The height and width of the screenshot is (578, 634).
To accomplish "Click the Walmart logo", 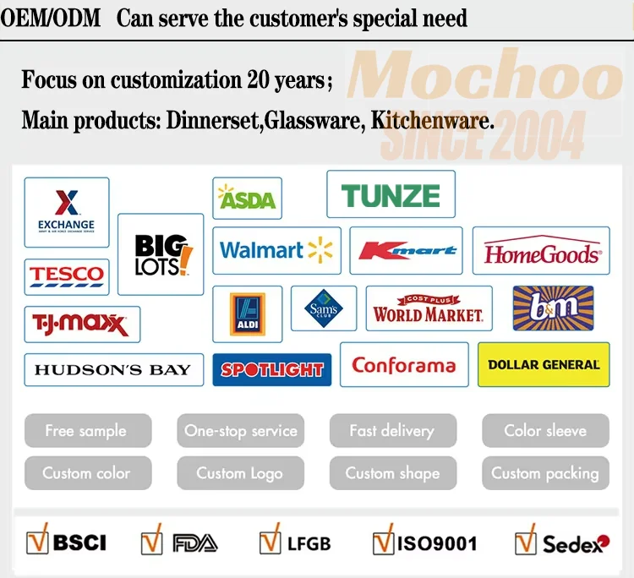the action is pos(276,250).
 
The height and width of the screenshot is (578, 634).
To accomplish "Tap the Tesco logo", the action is pos(67,275).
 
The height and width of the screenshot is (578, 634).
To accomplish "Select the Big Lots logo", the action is pos(161,254).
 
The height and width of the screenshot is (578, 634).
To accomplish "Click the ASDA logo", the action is pos(247,199).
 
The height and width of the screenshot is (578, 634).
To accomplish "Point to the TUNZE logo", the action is pos(391,195).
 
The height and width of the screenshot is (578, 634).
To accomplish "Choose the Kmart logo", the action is pos(407,251).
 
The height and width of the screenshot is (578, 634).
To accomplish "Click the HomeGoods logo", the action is pos(541,251).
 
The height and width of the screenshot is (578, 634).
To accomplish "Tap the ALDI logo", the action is pos(247,314).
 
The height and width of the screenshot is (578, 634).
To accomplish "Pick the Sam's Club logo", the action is pos(324,308).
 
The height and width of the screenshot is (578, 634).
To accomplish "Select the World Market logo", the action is pos(429,309).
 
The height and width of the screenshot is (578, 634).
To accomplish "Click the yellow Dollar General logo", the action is pos(544,364).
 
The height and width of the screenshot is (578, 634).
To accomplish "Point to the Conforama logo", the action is pos(403,365).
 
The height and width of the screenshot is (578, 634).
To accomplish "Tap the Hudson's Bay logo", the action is pos(113,369).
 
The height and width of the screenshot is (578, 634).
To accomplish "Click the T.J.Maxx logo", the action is pos(82,324).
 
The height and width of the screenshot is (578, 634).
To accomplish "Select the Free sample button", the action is pos(88,431).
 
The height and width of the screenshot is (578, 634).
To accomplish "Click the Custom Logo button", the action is pos(240,473).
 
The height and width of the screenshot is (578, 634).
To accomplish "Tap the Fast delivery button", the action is pos(392,431).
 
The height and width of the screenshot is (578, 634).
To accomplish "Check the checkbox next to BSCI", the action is pos(37,540).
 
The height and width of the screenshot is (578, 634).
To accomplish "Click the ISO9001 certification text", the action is pos(437,543).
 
